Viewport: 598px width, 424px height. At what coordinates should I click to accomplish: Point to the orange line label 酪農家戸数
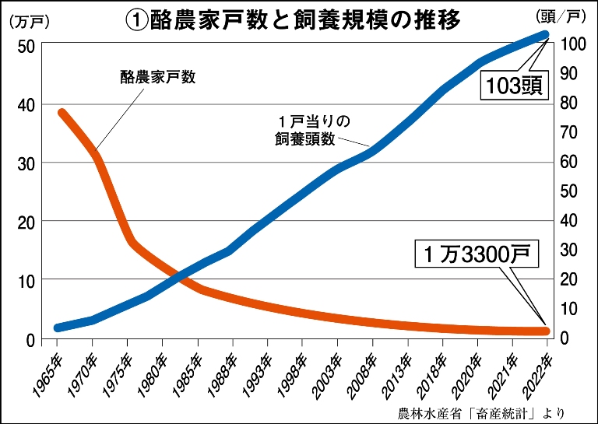click(157, 77)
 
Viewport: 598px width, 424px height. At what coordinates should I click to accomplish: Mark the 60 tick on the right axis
click(569, 163)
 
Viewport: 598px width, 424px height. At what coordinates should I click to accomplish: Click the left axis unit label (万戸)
click(27, 21)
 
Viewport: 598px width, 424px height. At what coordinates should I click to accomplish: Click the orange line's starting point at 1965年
click(62, 114)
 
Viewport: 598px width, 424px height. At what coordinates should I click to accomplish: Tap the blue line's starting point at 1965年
click(58, 328)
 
